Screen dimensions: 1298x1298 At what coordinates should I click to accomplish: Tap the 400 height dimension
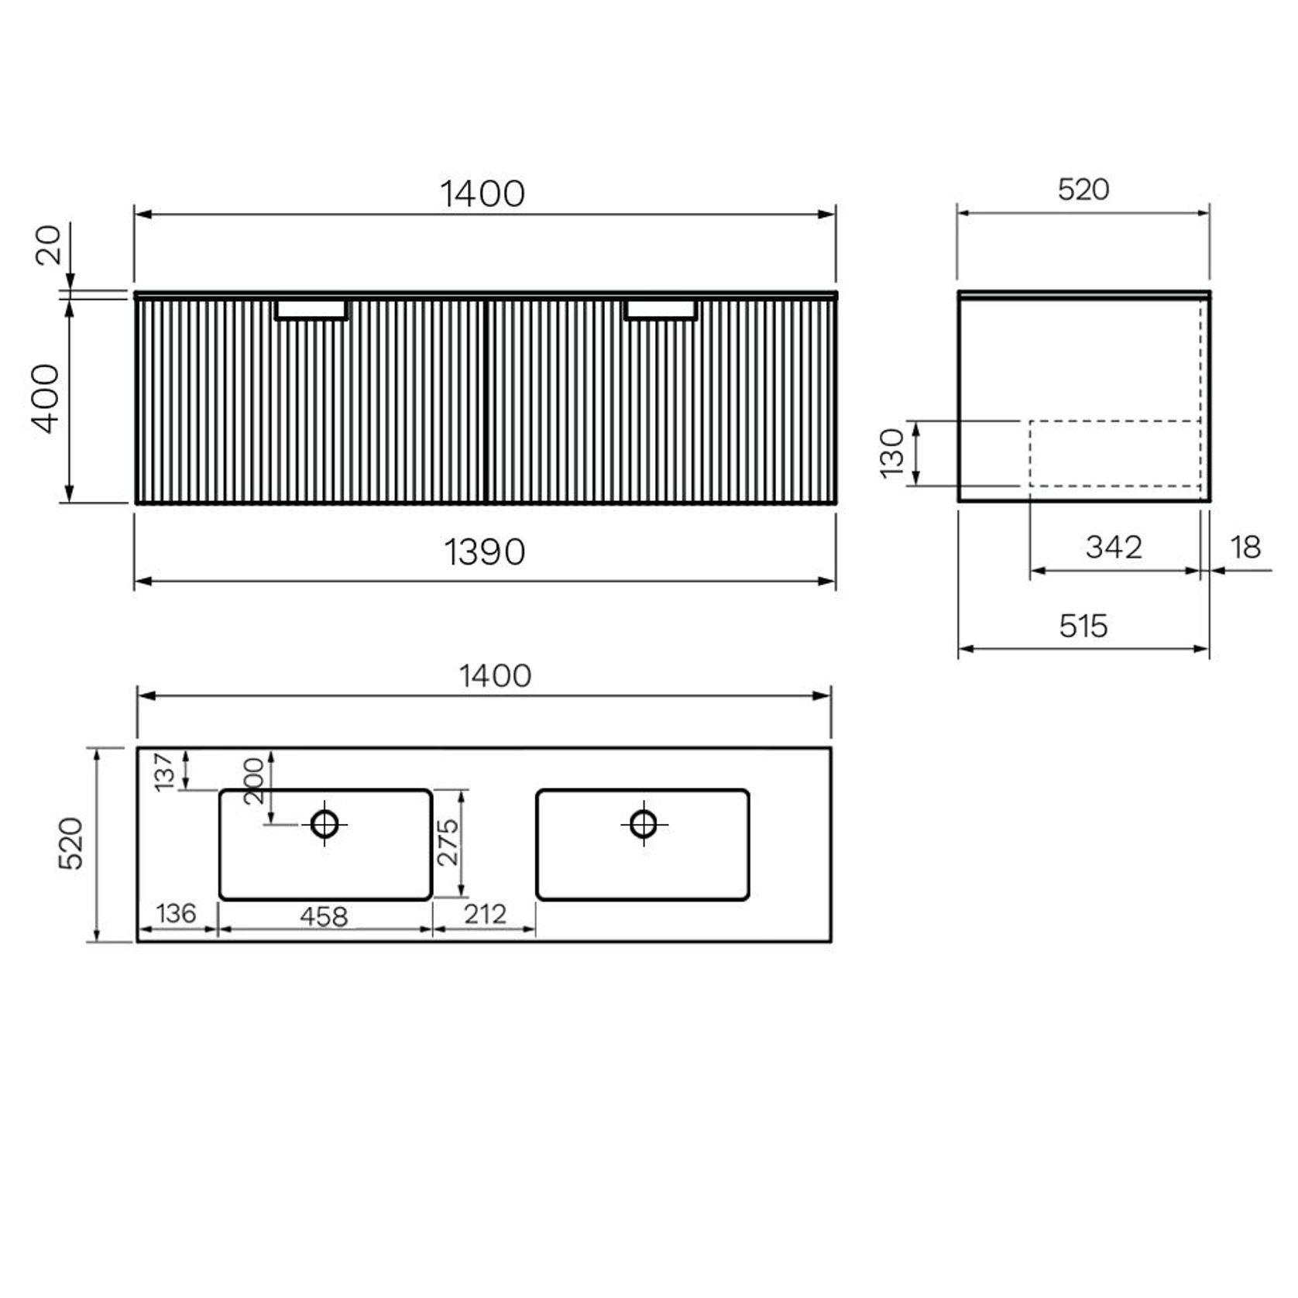46,398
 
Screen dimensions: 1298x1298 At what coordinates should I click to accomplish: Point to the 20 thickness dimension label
48,245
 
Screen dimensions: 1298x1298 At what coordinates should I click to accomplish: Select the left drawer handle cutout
311,310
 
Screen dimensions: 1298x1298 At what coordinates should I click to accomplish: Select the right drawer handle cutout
661,310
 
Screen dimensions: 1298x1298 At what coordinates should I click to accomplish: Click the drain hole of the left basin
324,824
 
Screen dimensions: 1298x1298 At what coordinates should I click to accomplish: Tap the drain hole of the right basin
644,823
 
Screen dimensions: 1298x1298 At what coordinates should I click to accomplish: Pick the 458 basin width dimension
324,917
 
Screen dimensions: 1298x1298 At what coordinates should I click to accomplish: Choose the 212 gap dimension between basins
485,915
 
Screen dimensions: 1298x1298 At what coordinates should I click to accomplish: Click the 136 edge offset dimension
176,914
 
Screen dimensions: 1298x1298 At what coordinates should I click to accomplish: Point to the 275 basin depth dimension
448,842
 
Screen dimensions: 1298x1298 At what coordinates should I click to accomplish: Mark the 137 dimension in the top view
164,771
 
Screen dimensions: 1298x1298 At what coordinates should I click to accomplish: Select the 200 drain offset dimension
254,781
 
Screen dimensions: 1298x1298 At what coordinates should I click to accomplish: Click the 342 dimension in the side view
1114,548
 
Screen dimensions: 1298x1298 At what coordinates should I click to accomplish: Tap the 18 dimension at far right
1245,548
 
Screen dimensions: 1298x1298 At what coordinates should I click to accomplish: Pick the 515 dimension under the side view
1083,626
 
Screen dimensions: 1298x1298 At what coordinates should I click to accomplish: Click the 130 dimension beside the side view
892,453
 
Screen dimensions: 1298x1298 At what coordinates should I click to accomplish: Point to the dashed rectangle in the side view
1114,453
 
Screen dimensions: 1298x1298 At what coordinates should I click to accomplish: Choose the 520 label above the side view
1083,190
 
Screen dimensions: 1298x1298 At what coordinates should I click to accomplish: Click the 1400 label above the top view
495,676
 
